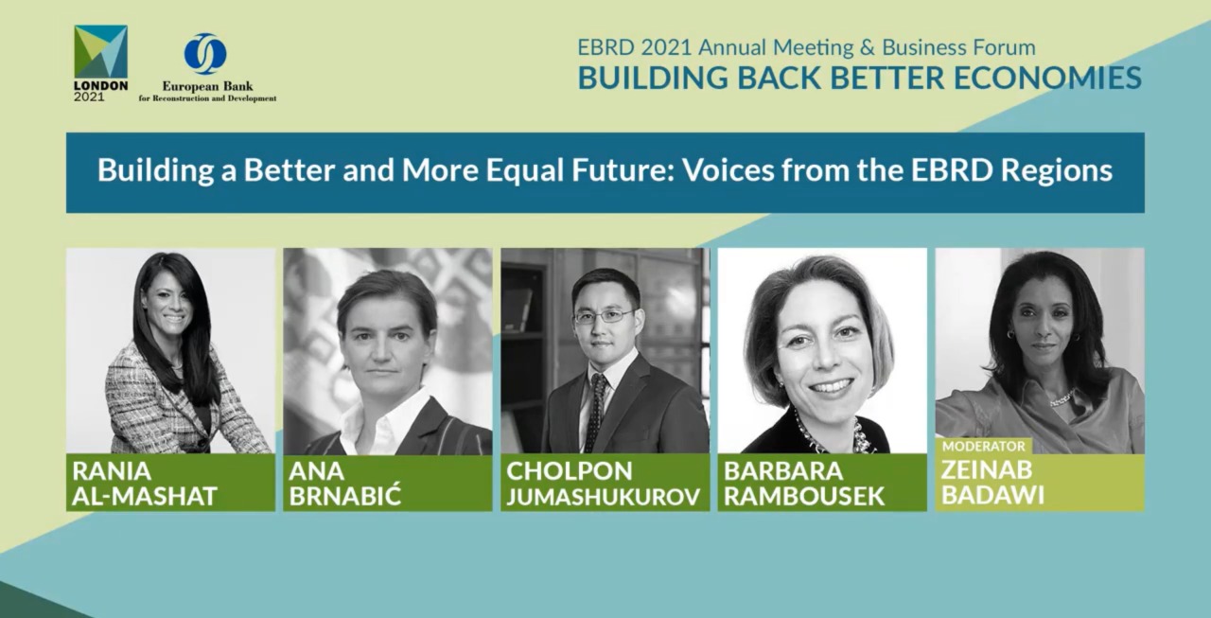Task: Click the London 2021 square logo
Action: (x=101, y=51)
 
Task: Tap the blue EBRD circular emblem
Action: (x=205, y=54)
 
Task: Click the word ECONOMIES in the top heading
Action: (x=1047, y=78)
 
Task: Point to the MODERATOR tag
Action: (x=984, y=446)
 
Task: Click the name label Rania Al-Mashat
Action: (x=145, y=484)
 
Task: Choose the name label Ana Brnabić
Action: (x=345, y=484)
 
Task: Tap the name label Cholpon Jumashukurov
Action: (x=603, y=484)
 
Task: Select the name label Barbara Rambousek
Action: (x=804, y=484)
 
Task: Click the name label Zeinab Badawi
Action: (x=992, y=482)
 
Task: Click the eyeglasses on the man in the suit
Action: (x=605, y=315)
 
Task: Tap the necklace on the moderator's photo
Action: (x=1062, y=397)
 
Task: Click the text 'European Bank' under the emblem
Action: (x=207, y=86)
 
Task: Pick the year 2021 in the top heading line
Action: (x=667, y=47)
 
